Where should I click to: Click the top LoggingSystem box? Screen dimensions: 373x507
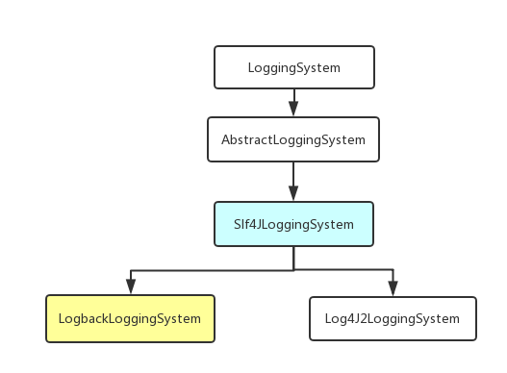[x=293, y=68]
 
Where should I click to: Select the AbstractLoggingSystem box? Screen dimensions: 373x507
[x=293, y=139]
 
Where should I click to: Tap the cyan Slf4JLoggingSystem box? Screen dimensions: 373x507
[x=293, y=225]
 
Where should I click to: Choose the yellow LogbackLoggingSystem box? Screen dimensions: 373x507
[x=130, y=319]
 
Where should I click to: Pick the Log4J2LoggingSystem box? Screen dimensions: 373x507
[x=393, y=319]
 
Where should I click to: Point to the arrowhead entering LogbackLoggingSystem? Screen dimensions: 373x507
[x=130, y=286]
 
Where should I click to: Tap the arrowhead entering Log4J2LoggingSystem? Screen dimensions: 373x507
[x=393, y=286]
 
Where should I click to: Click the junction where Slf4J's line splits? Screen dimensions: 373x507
[x=293, y=270]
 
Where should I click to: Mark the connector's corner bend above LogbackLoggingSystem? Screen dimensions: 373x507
[x=130, y=270]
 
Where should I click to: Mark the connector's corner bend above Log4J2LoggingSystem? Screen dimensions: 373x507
[x=393, y=270]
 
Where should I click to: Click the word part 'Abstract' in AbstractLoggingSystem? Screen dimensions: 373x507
[x=245, y=139]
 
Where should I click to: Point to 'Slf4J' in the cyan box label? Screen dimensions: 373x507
[x=247, y=225]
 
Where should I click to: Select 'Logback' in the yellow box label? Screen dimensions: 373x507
[x=82, y=319]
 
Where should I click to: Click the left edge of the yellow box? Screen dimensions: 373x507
[x=46, y=319]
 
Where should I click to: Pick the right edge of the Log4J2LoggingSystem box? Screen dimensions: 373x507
[x=476, y=319]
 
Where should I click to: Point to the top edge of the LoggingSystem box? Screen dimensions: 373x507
[x=293, y=46]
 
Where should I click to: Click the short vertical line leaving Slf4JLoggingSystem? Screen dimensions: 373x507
[x=293, y=258]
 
